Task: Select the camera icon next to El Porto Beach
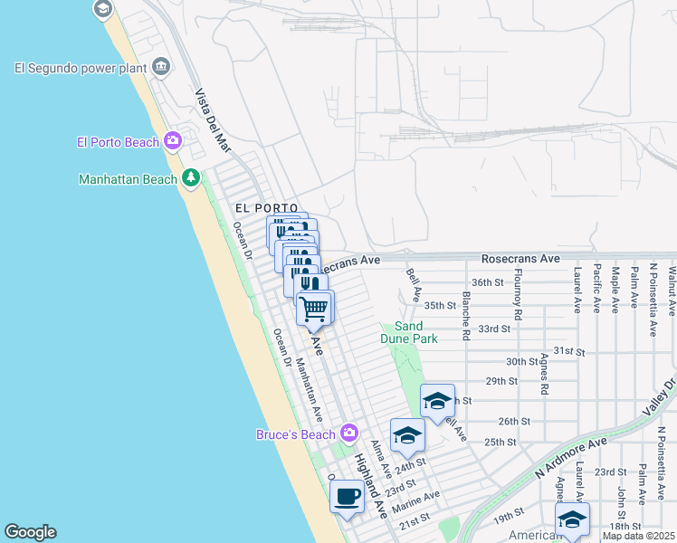172,140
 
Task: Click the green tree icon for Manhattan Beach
190,177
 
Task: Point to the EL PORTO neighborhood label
266,208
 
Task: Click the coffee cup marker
347,496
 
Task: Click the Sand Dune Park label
416,332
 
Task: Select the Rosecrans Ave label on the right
520,259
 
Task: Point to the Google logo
30,532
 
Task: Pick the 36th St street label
486,282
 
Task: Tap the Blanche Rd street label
466,315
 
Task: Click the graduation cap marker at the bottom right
572,519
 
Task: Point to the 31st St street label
570,350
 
